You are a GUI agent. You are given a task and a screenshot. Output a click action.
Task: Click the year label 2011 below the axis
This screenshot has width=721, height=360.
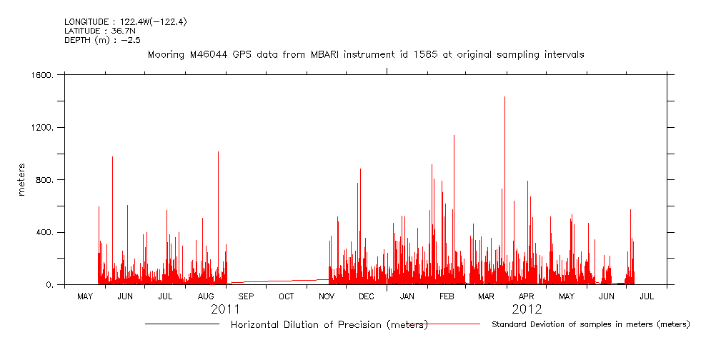(225, 309)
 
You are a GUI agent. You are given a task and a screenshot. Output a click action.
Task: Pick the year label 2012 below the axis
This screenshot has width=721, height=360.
(527, 309)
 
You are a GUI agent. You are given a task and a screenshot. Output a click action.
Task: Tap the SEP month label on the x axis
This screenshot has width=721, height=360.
(246, 296)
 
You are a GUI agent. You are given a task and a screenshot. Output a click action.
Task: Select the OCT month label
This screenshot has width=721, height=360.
(286, 296)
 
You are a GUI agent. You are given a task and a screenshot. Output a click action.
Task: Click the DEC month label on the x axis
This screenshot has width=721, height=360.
(366, 296)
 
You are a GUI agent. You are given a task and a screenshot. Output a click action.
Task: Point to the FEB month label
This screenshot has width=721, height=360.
(447, 296)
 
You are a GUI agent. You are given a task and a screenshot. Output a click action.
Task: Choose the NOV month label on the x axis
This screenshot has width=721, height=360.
(327, 296)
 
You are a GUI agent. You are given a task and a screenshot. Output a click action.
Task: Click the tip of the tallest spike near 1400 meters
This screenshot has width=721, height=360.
(504, 97)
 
